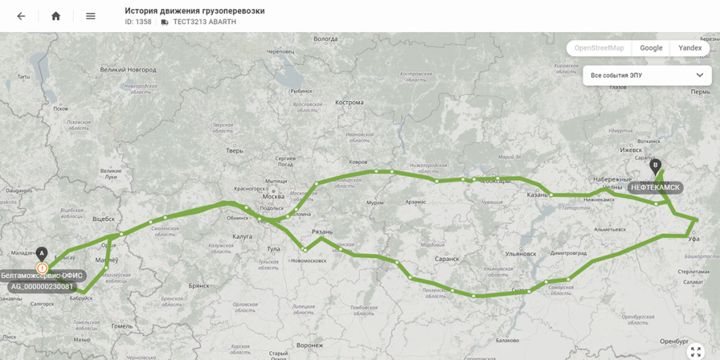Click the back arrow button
[x=21, y=16]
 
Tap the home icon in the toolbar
[x=56, y=16]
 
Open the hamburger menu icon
[x=91, y=16]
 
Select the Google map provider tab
[x=651, y=48]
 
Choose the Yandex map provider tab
[x=690, y=48]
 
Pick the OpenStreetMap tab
[x=599, y=48]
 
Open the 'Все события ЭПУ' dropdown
[x=647, y=75]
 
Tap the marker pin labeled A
[x=41, y=253]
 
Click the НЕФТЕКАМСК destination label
[x=655, y=188]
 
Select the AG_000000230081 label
[x=42, y=287]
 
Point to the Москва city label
[x=273, y=195]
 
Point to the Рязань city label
[x=322, y=232]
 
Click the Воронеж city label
[x=309, y=345]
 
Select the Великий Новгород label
[x=128, y=70]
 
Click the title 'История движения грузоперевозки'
[x=195, y=11]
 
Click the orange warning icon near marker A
[x=43, y=268]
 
